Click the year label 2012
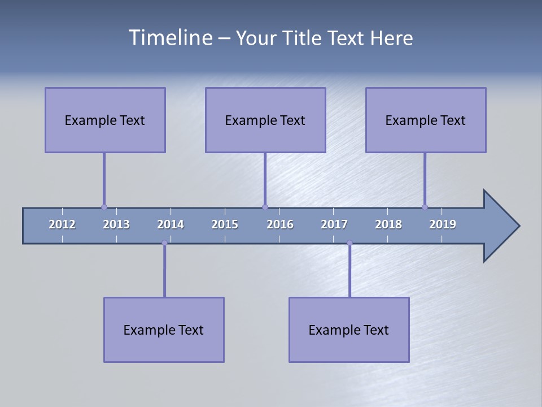coord(62,224)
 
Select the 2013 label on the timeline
coord(116,224)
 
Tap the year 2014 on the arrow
coord(171,224)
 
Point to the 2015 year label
coord(225,224)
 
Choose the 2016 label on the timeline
coord(280,224)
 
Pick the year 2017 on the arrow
coord(334,224)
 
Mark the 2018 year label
coord(388,224)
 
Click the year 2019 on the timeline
coord(443,224)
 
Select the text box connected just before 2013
coord(105,120)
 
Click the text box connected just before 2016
coord(265,120)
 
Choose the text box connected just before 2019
coord(426,120)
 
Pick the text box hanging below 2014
coord(164,330)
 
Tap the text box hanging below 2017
coord(349,330)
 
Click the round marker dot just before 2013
coord(104,207)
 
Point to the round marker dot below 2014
coord(164,243)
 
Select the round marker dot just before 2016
coord(265,207)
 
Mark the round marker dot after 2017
coord(349,243)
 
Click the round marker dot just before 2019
coord(425,207)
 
